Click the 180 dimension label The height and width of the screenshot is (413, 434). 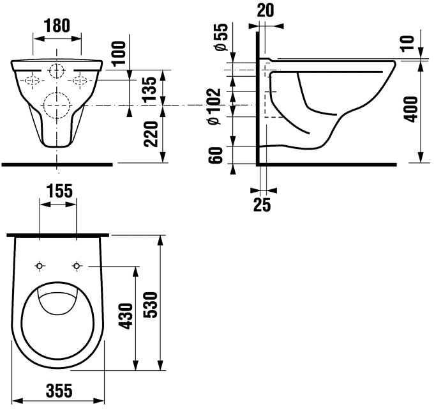pyautogui.click(x=57, y=26)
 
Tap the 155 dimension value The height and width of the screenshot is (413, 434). pyautogui.click(x=59, y=191)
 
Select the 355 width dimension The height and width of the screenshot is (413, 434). pyautogui.click(x=59, y=390)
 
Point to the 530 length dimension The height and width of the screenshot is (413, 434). pyautogui.click(x=150, y=304)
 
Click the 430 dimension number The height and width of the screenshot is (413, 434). pyautogui.click(x=126, y=316)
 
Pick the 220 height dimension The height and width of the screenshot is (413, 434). pyautogui.click(x=151, y=134)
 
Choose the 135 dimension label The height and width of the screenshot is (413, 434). pyautogui.click(x=150, y=90)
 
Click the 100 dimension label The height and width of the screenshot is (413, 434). pyautogui.click(x=119, y=53)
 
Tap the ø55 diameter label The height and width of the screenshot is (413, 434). pyautogui.click(x=221, y=37)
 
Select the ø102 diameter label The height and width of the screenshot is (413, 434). pyautogui.click(x=214, y=106)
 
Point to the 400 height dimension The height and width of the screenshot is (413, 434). pyautogui.click(x=410, y=109)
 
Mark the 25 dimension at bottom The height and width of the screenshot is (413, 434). pyautogui.click(x=262, y=205)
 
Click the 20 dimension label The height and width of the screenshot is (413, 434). pyautogui.click(x=266, y=10)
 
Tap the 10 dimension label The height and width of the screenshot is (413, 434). pyautogui.click(x=407, y=43)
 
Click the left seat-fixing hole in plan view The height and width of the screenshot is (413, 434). pyautogui.click(x=40, y=266)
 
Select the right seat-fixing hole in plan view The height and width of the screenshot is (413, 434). pyautogui.click(x=77, y=266)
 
